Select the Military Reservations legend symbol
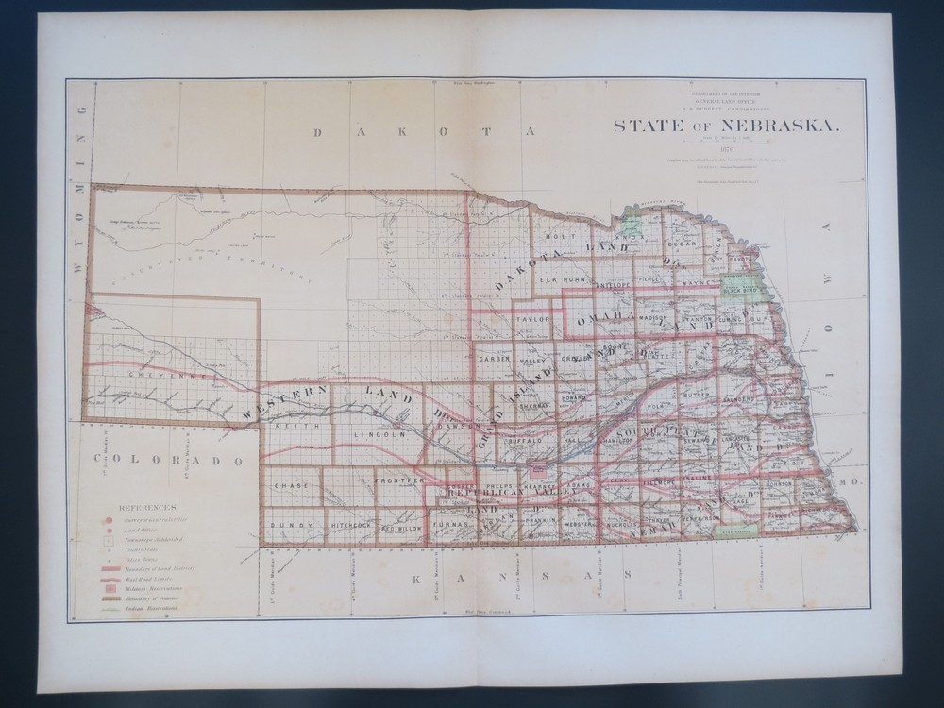point(110,587)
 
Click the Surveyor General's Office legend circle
point(110,519)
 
